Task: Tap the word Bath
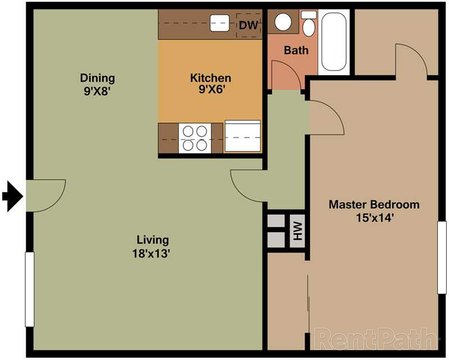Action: [x=296, y=50]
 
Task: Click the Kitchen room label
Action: [x=211, y=78]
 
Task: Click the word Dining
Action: [x=97, y=78]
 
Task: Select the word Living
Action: [x=153, y=240]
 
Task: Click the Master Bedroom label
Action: [x=374, y=204]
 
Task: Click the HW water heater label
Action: [x=296, y=231]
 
